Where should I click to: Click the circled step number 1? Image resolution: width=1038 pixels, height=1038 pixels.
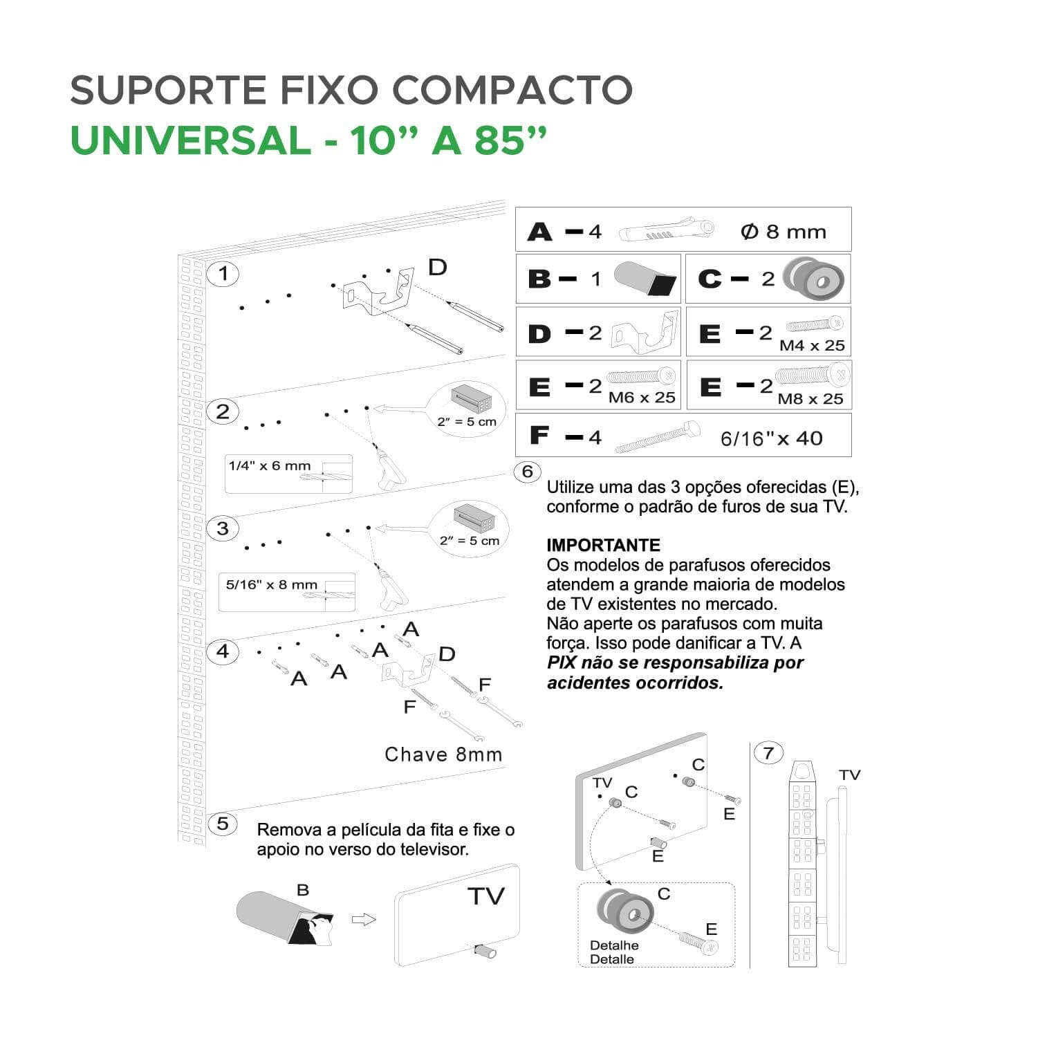[223, 274]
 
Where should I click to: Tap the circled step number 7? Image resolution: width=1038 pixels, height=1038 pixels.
[768, 752]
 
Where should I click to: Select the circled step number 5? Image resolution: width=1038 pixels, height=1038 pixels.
[223, 824]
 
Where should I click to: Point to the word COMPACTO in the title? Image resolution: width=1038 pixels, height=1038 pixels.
[512, 90]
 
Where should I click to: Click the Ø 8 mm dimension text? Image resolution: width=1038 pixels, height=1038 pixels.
[783, 232]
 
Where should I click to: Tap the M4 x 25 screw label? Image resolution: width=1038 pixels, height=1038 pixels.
[812, 345]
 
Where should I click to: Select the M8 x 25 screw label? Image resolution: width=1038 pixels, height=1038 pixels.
[810, 398]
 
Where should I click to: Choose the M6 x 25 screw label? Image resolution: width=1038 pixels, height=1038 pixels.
[642, 398]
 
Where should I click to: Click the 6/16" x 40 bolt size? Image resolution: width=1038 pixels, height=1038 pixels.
[771, 438]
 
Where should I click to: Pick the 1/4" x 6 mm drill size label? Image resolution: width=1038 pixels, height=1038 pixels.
[270, 465]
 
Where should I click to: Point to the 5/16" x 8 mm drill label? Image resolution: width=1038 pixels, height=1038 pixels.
[271, 584]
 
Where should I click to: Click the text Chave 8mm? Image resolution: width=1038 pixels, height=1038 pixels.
[443, 754]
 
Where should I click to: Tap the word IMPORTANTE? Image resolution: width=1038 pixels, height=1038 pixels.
[603, 545]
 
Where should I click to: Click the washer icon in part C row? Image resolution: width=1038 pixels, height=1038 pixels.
[814, 279]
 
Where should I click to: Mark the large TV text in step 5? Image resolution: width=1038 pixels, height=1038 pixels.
[486, 896]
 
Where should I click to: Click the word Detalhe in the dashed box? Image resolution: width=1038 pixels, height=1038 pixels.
[614, 945]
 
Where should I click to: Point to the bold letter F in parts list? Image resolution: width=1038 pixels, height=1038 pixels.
[539, 435]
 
